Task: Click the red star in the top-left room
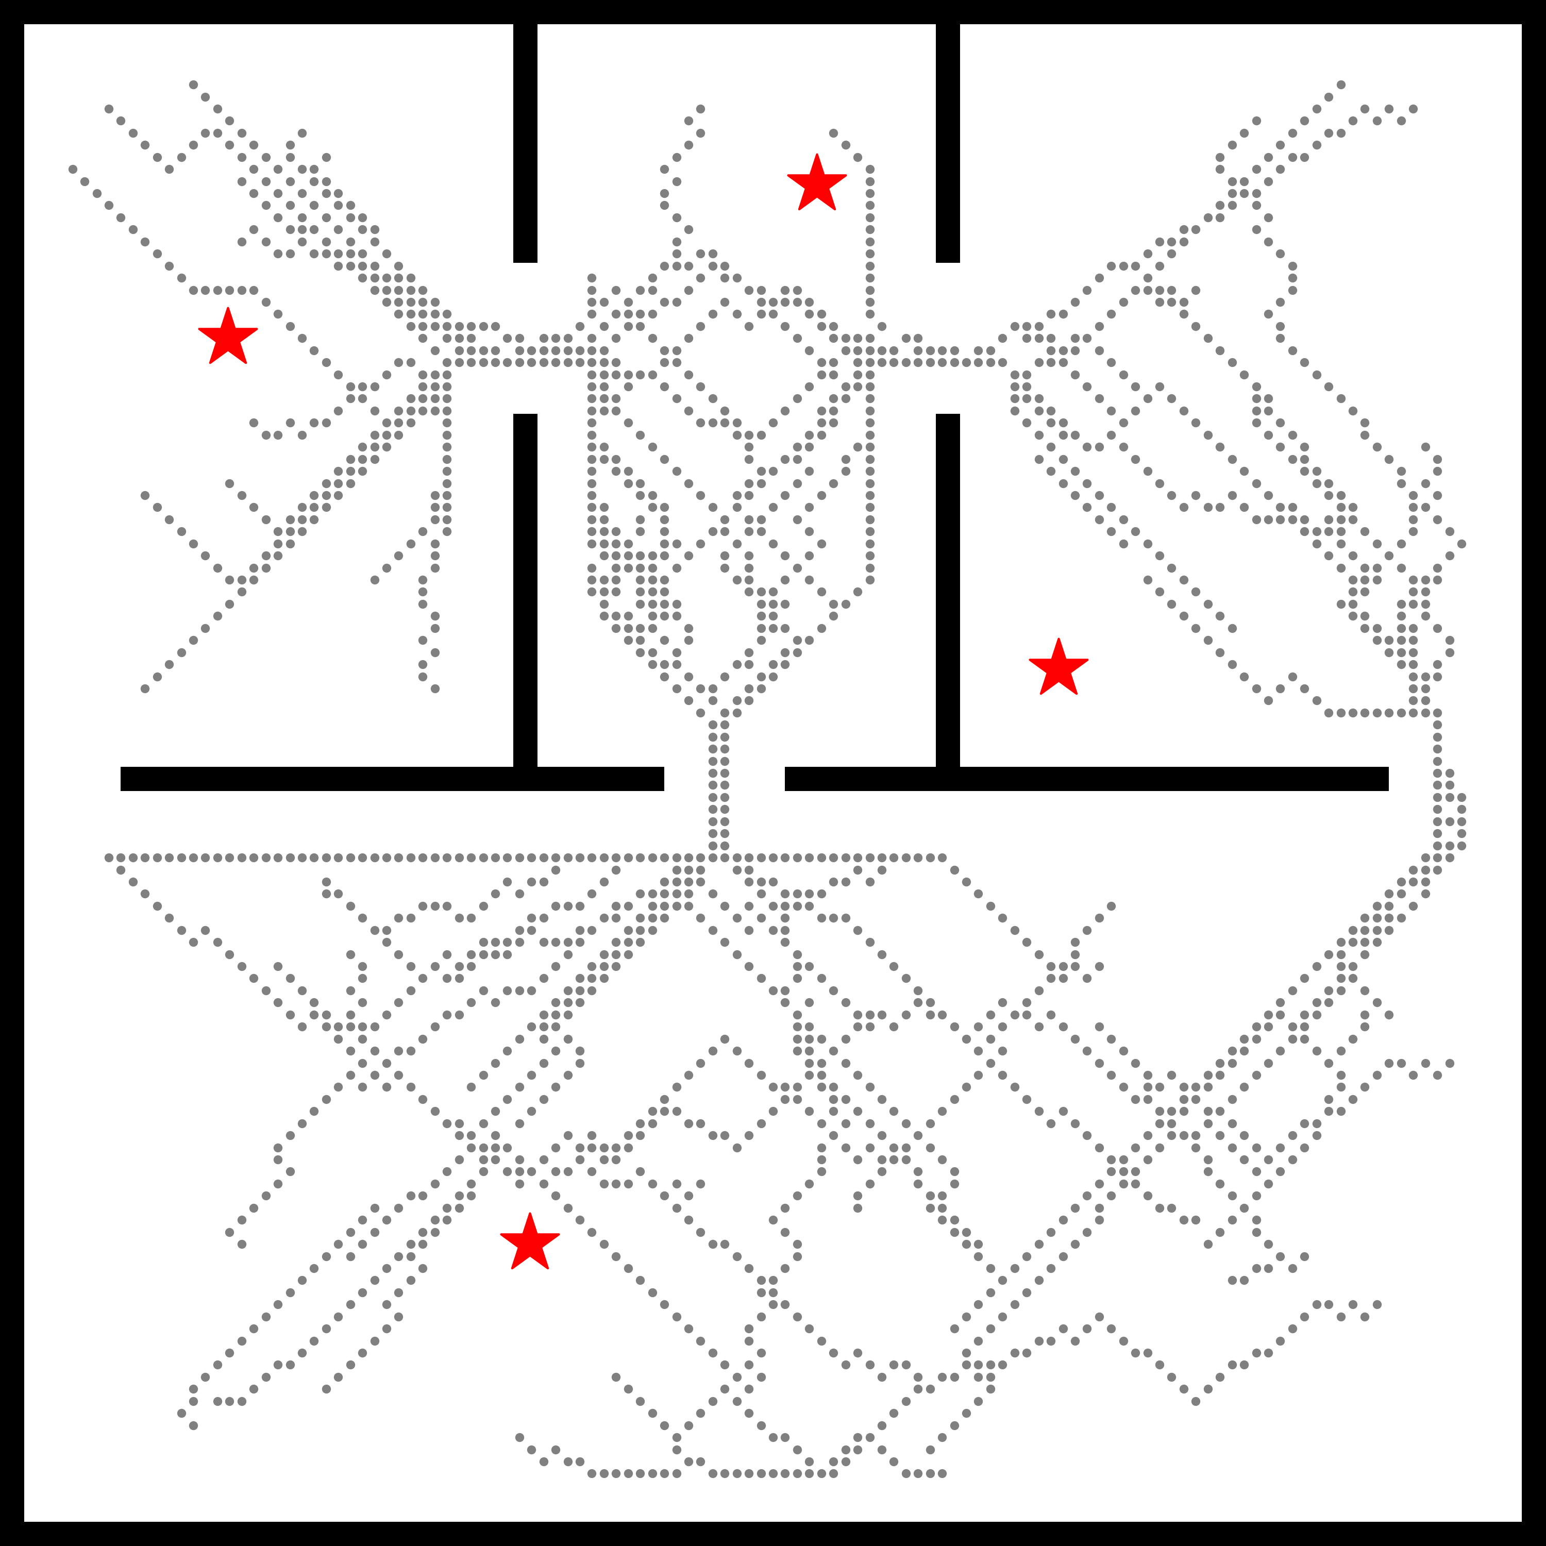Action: tap(228, 337)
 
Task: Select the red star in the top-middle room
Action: tap(816, 184)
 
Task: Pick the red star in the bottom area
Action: tap(530, 1242)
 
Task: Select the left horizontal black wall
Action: tap(392, 779)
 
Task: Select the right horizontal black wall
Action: tap(1087, 779)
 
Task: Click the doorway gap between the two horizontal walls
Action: tap(724, 779)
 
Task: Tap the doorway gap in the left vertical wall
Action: tap(525, 338)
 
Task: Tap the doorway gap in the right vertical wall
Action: tap(948, 338)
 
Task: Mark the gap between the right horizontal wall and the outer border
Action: tap(1455, 779)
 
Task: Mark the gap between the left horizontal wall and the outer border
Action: tap(72, 779)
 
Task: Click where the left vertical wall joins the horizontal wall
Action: tap(525, 779)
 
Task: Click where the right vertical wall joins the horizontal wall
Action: tap(948, 779)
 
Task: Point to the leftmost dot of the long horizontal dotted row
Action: tap(109, 858)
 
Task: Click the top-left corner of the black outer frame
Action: tap(11, 11)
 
